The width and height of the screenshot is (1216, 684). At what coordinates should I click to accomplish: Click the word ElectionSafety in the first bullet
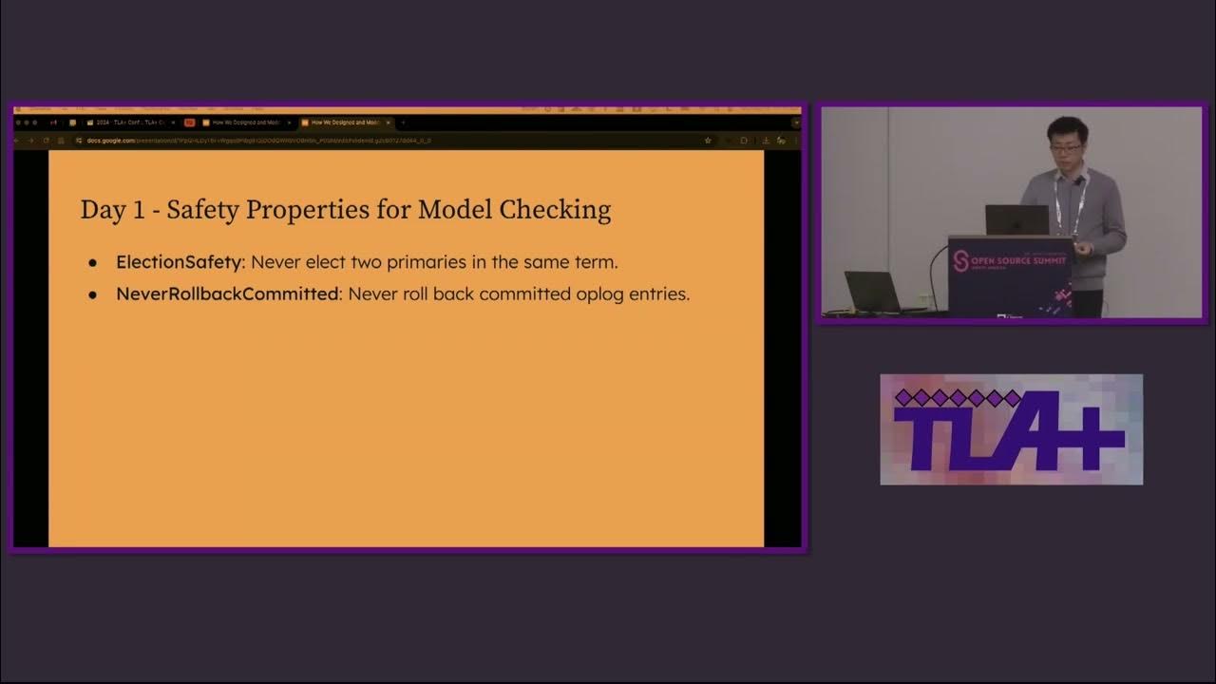pos(179,262)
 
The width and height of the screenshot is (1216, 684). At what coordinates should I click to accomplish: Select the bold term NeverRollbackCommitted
pos(227,294)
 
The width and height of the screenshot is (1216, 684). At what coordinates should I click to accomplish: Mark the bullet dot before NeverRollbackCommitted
pos(93,295)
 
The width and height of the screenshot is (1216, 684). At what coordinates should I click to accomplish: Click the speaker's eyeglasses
pos(1066,148)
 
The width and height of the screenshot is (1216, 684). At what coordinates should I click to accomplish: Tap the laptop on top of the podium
pos(1016,220)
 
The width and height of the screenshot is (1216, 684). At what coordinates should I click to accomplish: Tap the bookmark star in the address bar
pos(708,141)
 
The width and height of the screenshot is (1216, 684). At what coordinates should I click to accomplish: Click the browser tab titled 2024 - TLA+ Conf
pos(128,123)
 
